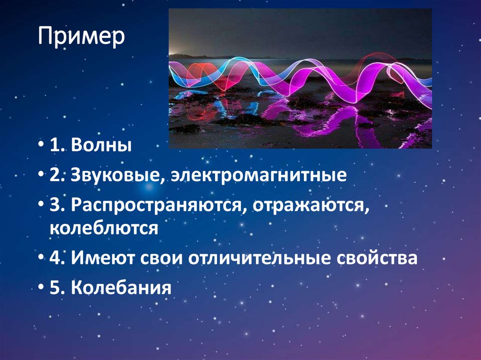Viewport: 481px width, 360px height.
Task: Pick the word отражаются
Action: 310,207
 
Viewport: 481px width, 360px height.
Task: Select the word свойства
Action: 380,258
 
